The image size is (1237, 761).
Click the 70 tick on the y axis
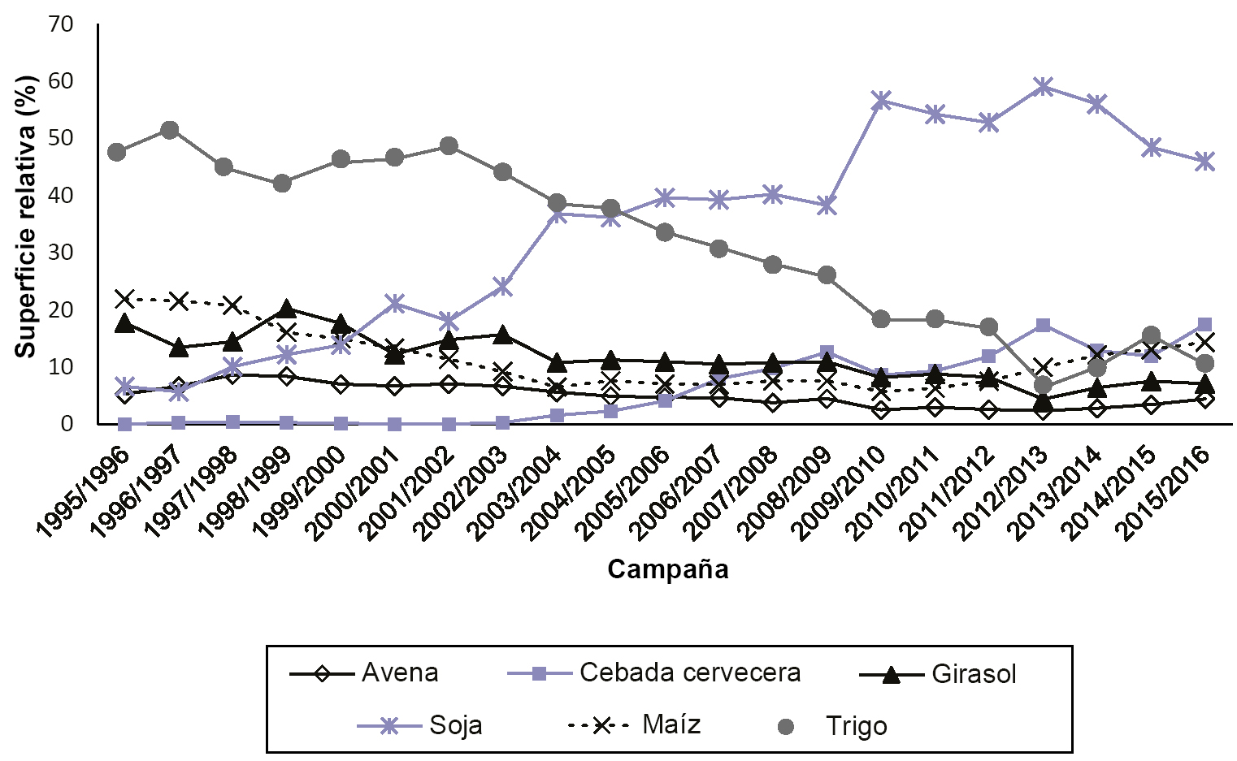click(61, 24)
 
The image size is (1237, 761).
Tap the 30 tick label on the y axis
click(61, 253)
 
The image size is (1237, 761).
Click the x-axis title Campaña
click(667, 569)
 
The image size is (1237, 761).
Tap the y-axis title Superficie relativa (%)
click(26, 216)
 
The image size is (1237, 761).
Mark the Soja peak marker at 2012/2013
click(1043, 86)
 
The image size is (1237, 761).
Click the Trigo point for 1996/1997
click(170, 130)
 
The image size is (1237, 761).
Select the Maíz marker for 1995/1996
click(124, 299)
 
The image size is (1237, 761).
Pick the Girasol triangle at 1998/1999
click(286, 309)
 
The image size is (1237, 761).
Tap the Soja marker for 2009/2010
click(881, 101)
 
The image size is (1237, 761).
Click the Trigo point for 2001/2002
click(449, 146)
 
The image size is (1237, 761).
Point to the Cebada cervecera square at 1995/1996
click(124, 424)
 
